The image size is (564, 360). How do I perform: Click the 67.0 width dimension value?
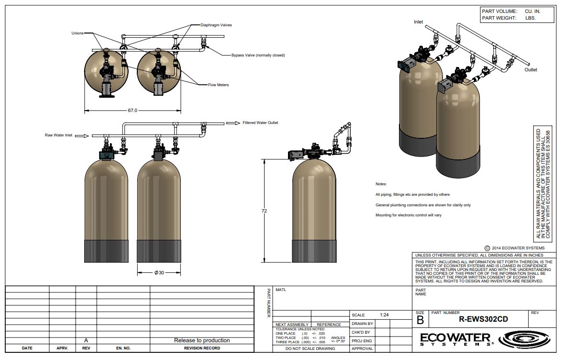point(133,111)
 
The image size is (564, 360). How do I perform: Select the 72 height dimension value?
point(265,211)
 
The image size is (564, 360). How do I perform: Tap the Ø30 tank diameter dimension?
point(159,273)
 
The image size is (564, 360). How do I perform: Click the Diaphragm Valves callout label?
point(216,25)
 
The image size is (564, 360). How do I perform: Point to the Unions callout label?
point(77,33)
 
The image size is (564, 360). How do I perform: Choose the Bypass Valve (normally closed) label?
point(258,56)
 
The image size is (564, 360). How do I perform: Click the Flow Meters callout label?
point(218,85)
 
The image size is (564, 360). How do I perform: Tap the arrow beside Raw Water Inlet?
point(82,136)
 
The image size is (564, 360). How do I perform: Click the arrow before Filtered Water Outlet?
point(233,123)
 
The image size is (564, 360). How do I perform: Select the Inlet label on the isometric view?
point(418,22)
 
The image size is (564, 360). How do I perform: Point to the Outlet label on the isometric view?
point(531,70)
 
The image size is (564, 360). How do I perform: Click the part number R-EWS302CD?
point(484,319)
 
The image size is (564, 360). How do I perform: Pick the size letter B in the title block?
point(420,320)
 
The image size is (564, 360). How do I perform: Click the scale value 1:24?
point(384,315)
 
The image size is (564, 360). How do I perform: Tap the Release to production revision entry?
point(202,340)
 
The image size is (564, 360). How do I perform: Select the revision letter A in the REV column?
point(86,340)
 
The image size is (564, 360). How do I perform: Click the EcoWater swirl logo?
point(524,339)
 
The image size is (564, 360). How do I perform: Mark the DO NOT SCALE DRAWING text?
point(310,349)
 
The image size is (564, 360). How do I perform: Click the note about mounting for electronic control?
point(409,215)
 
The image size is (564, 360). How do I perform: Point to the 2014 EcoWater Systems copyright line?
point(515,248)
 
